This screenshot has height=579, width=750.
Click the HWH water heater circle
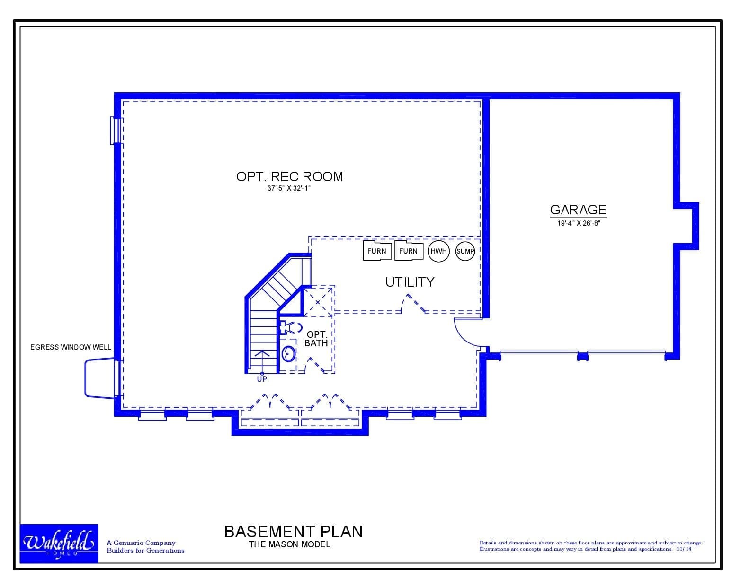(438, 251)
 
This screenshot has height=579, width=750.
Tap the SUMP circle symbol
(465, 251)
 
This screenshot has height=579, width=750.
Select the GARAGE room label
(578, 210)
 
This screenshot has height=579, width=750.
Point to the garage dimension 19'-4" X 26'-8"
(579, 223)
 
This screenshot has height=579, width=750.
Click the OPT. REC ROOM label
(289, 176)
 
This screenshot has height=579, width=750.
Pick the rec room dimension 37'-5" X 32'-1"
(289, 188)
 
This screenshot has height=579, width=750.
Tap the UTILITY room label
(410, 282)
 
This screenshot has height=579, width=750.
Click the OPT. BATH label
(316, 339)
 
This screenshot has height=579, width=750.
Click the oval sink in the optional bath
(288, 354)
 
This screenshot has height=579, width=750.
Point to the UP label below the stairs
(262, 379)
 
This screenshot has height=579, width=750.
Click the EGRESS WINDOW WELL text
(71, 347)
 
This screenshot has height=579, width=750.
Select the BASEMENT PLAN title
(294, 531)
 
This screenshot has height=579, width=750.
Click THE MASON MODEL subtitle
(289, 544)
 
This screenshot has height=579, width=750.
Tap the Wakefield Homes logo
(59, 544)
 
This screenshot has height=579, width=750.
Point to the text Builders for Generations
(145, 550)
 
